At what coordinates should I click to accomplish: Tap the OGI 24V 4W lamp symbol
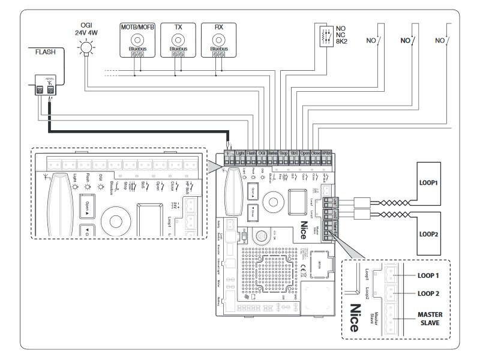click(86, 47)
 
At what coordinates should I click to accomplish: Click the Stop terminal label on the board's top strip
click(283, 154)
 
